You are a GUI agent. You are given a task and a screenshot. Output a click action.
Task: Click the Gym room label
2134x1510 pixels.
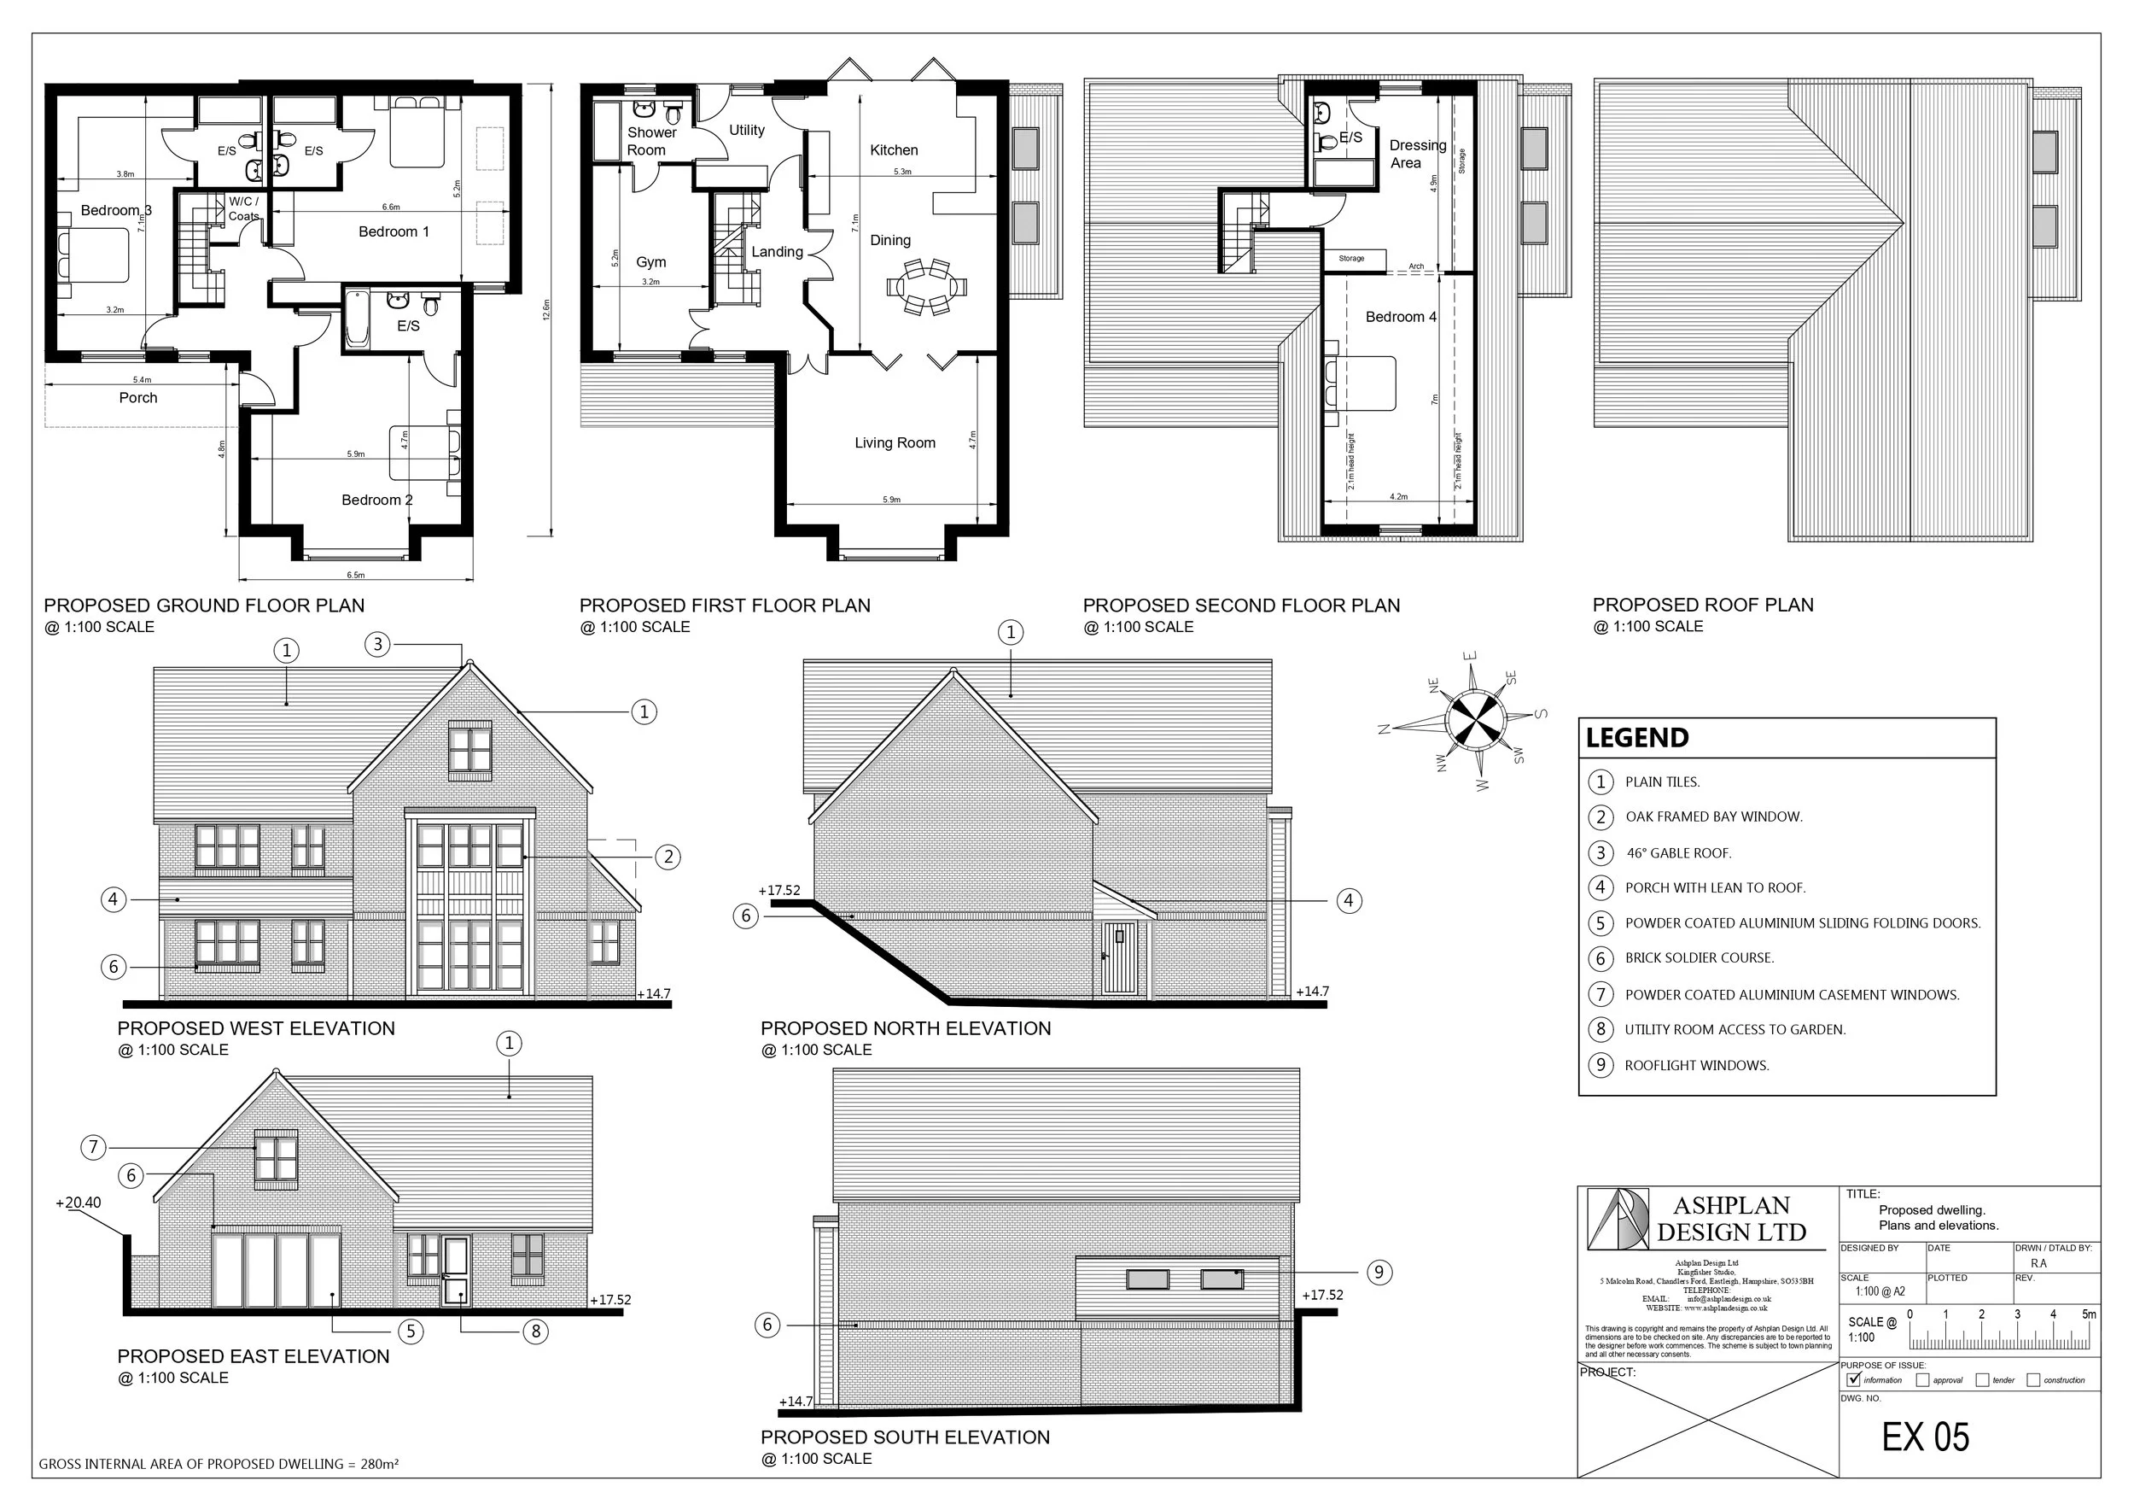pyautogui.click(x=650, y=262)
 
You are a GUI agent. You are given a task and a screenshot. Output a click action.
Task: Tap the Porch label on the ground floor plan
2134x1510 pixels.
pyautogui.click(x=137, y=397)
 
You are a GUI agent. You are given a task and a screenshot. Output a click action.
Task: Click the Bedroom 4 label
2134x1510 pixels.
pyautogui.click(x=1400, y=317)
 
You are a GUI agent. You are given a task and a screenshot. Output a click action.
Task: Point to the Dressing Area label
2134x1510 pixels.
pyautogui.click(x=1416, y=154)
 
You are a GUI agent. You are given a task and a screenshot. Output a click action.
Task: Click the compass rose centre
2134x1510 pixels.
pyautogui.click(x=1475, y=720)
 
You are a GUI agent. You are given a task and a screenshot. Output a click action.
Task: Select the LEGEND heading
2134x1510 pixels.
pyautogui.click(x=1635, y=738)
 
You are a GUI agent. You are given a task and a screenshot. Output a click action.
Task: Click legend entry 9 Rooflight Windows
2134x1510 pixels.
pyautogui.click(x=1695, y=1066)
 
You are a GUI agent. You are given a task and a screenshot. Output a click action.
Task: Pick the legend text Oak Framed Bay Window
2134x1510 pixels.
pyautogui.click(x=1713, y=817)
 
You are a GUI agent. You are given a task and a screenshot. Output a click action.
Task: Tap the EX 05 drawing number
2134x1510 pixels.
pyautogui.click(x=1925, y=1437)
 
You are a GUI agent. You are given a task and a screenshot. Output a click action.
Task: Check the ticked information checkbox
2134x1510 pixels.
pyautogui.click(x=1855, y=1380)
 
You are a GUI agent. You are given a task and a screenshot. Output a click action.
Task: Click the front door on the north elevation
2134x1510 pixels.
pyautogui.click(x=1119, y=957)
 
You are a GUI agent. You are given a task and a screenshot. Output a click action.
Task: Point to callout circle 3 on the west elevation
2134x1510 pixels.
pyautogui.click(x=376, y=643)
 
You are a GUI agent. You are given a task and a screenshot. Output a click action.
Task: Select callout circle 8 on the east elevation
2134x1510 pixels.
pyautogui.click(x=535, y=1331)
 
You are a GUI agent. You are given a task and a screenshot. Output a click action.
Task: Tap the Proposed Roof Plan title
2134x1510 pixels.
pyautogui.click(x=1702, y=606)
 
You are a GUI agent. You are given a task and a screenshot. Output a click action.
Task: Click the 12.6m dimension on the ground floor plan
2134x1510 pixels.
pyautogui.click(x=545, y=308)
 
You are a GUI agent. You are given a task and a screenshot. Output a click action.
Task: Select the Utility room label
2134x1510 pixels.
pyautogui.click(x=746, y=130)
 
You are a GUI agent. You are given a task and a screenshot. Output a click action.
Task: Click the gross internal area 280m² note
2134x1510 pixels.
pyautogui.click(x=219, y=1464)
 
